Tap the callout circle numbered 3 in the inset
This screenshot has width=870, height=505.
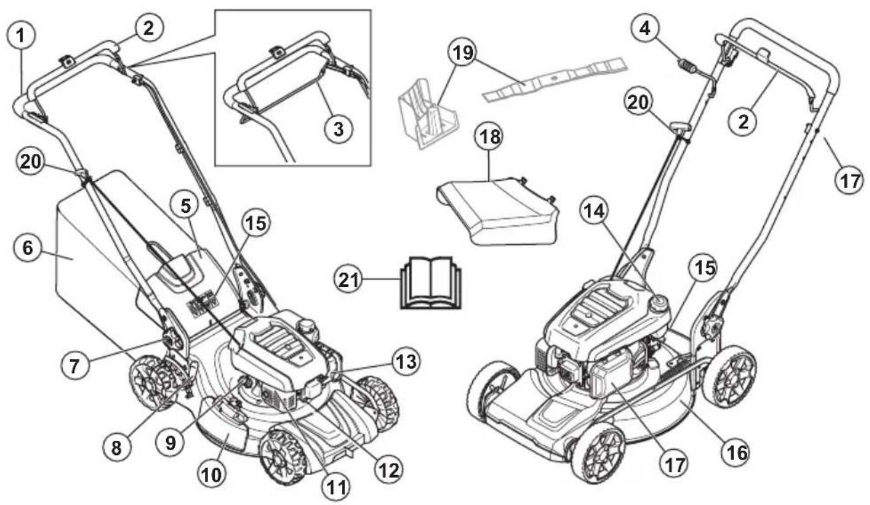(338, 128)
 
